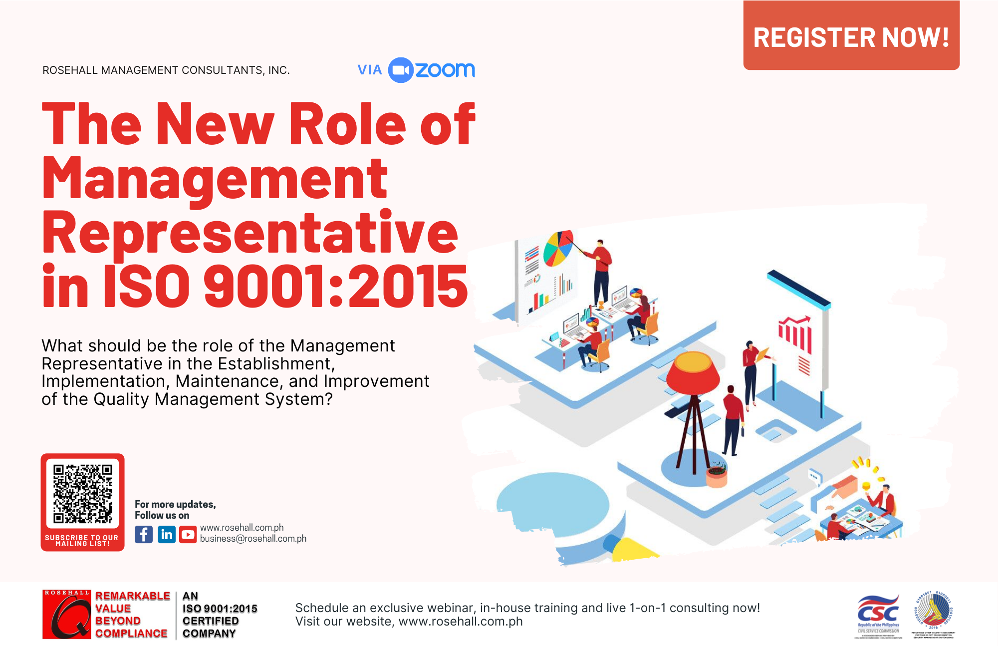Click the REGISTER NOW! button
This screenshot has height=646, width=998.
click(x=851, y=36)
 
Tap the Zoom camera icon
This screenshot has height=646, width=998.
click(x=401, y=70)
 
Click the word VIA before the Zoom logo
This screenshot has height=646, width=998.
click(x=370, y=70)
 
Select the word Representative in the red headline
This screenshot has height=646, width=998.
click(x=249, y=233)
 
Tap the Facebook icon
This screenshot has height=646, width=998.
click(x=144, y=535)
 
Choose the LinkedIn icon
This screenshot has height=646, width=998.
click(x=167, y=535)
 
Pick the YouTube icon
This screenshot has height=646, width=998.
click(x=188, y=535)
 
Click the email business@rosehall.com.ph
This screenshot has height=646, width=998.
click(x=253, y=539)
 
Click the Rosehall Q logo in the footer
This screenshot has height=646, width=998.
click(x=66, y=615)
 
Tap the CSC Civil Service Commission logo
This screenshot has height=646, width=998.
click(x=878, y=615)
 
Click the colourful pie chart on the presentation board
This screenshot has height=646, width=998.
click(x=558, y=248)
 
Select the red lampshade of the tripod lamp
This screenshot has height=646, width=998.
click(x=693, y=372)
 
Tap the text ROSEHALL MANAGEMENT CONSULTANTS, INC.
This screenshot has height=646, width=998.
click(x=166, y=70)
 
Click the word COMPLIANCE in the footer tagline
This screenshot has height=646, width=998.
click(x=131, y=634)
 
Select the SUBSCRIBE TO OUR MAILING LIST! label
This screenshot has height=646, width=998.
click(x=82, y=541)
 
